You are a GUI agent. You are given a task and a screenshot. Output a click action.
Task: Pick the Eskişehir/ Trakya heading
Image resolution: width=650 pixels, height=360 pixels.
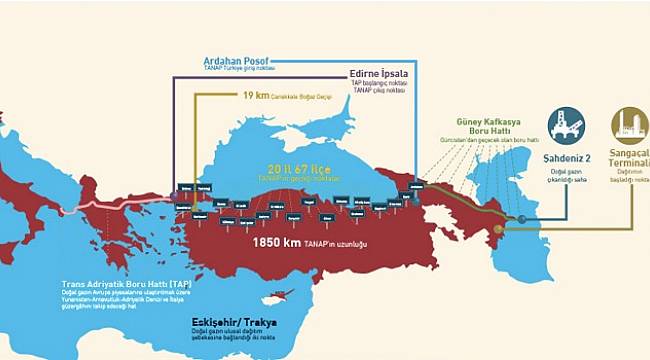pyautogui.click(x=235, y=322)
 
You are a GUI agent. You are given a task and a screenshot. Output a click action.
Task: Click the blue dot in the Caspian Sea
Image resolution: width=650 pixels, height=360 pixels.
pyautogui.click(x=520, y=218)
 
